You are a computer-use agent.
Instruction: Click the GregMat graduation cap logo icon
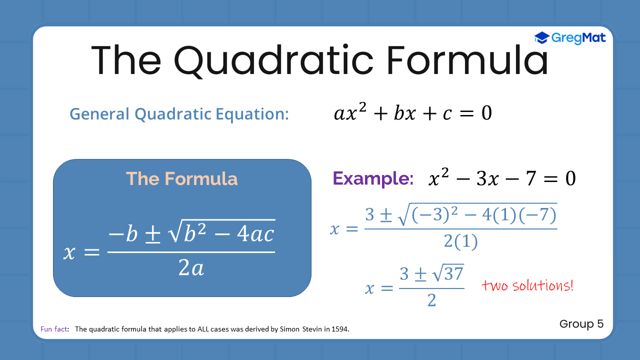click(x=541, y=37)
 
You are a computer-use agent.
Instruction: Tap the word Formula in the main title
click(x=467, y=60)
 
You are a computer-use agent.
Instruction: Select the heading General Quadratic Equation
click(x=179, y=114)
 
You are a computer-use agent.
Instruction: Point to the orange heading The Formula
click(x=181, y=179)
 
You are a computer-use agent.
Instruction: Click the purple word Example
click(x=373, y=179)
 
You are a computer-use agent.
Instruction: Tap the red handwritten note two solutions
click(x=527, y=285)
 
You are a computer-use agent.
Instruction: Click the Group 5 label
click(x=581, y=323)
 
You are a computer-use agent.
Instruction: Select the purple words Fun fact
click(x=53, y=329)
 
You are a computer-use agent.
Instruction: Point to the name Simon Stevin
click(x=301, y=329)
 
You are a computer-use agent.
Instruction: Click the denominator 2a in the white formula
click(x=191, y=268)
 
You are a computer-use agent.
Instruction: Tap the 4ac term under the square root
click(x=255, y=233)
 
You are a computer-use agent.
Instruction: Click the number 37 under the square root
click(x=453, y=273)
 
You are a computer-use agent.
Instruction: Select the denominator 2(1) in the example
click(x=460, y=241)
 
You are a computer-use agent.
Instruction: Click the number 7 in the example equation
click(x=530, y=178)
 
